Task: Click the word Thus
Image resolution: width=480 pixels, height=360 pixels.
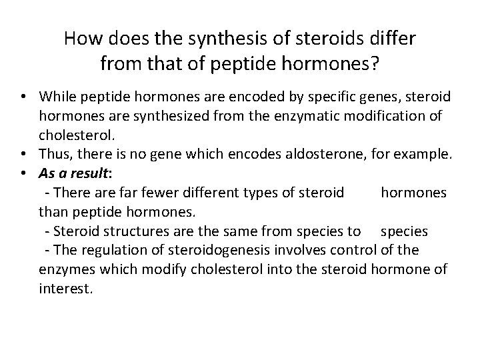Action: coord(54,155)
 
